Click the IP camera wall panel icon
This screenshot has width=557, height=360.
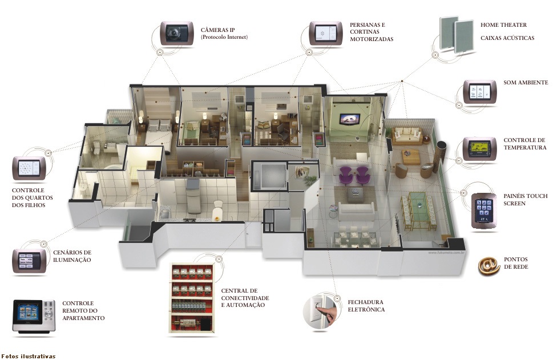click(177, 33)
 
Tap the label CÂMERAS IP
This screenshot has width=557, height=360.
click(218, 30)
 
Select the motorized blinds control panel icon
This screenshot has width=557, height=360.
click(326, 33)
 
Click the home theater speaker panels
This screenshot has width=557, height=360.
click(457, 35)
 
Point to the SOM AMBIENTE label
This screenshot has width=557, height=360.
click(526, 82)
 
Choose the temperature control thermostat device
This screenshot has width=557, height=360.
click(479, 148)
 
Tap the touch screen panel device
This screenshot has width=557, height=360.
click(484, 211)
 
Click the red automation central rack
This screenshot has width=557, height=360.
click(192, 298)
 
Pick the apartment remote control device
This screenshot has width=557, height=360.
click(34, 315)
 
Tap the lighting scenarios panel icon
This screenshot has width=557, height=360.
click(29, 261)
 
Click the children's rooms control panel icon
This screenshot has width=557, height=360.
click(29, 168)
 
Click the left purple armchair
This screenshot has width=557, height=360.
click(346, 175)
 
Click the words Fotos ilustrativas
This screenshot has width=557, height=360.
click(29, 356)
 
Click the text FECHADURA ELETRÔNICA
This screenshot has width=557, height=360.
click(366, 306)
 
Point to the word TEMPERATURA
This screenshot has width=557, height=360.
click(525, 147)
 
